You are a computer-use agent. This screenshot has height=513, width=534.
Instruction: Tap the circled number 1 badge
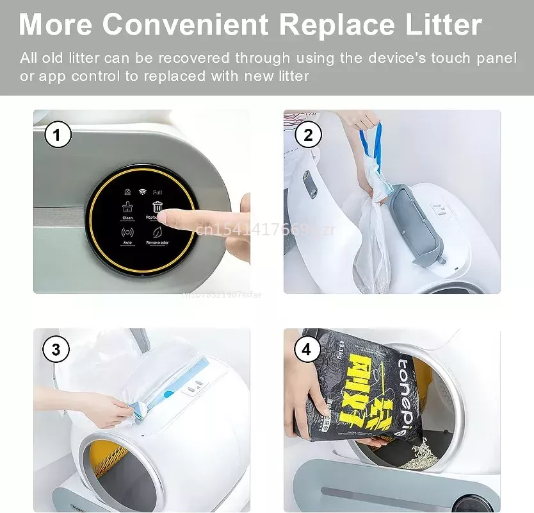(57, 135)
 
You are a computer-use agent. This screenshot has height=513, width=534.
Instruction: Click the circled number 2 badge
(307, 135)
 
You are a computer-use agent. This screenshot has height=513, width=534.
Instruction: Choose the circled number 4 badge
(307, 349)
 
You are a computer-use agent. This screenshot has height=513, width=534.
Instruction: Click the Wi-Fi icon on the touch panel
(143, 191)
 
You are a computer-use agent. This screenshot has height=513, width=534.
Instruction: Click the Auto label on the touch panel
(127, 243)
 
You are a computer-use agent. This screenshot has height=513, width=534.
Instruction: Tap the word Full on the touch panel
(158, 192)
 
